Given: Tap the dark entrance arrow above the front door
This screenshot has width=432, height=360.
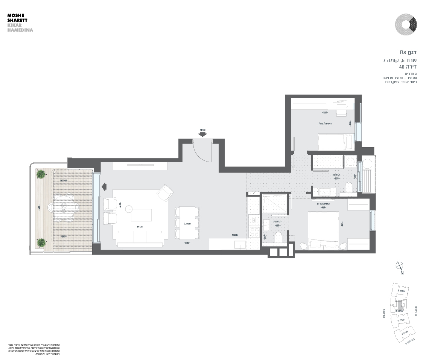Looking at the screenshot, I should [202, 134].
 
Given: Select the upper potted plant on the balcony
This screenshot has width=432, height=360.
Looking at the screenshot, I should [41, 174].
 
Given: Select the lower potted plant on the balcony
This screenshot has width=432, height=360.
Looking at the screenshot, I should [41, 242].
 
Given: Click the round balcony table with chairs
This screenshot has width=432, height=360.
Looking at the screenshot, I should [64, 208].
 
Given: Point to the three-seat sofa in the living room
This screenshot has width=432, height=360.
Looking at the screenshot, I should [140, 239].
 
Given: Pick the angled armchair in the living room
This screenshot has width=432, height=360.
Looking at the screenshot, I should [165, 193].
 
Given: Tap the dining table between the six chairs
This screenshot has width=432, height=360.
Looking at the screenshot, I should [187, 223].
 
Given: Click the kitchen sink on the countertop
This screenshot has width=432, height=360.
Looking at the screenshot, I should [239, 245].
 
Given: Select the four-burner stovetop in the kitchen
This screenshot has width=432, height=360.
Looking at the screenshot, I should [254, 232].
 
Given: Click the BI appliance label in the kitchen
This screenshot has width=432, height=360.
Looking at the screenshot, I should [254, 220].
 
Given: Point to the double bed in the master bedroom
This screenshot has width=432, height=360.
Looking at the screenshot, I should [323, 230].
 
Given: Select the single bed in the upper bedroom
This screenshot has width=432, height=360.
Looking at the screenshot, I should [336, 142].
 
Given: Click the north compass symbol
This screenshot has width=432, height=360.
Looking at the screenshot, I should [400, 266].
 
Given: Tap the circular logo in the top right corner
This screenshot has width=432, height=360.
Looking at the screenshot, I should [406, 24].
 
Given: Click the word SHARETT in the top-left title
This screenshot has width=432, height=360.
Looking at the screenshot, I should [17, 20].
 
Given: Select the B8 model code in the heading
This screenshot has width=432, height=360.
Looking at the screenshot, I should [403, 52].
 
